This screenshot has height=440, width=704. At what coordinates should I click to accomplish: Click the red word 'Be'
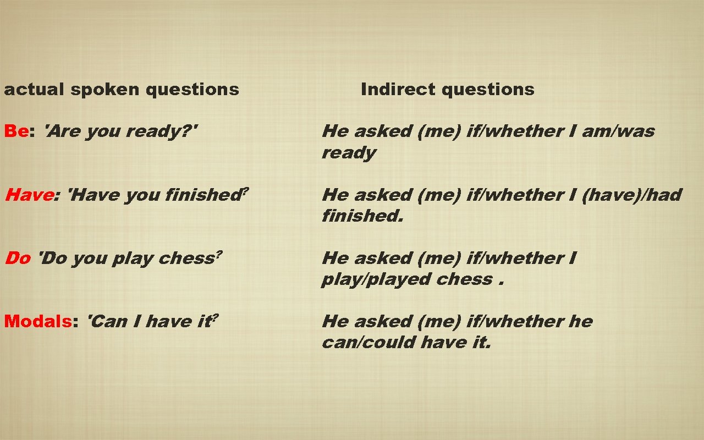click(16, 131)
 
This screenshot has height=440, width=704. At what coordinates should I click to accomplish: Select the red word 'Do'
click(18, 258)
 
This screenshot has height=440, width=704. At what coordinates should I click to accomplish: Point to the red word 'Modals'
click(37, 321)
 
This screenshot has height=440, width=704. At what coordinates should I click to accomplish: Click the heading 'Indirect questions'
click(447, 89)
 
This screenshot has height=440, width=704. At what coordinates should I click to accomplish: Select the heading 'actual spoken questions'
click(122, 89)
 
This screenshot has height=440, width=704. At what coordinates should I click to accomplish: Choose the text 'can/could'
click(369, 343)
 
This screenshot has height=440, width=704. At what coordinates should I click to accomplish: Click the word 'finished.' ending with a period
click(362, 216)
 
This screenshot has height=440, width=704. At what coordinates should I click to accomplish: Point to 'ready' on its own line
click(349, 153)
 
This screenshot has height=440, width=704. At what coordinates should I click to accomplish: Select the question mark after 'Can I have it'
click(215, 317)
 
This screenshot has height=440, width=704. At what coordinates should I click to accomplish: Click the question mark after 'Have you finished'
click(245, 190)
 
